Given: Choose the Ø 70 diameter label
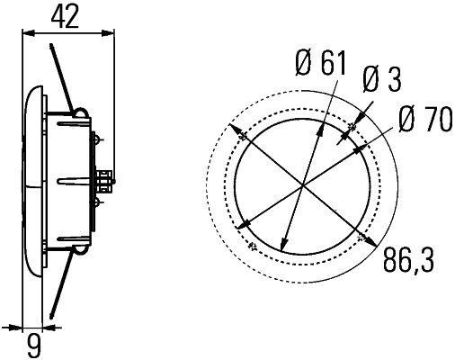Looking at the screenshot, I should click(424, 121).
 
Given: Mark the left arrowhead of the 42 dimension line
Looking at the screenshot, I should click(24, 33).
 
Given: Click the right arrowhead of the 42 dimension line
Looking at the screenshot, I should click(113, 33).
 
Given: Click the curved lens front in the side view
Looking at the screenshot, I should click(32, 180).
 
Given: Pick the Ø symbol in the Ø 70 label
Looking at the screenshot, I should click(405, 121).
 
